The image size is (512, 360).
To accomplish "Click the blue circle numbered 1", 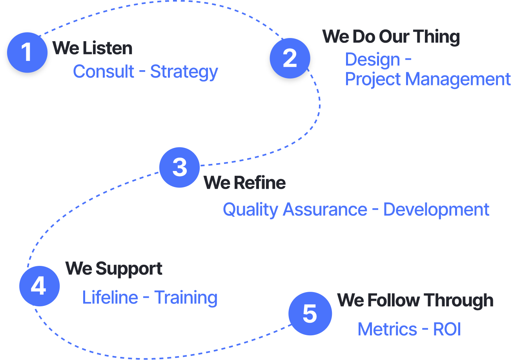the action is coord(27,53).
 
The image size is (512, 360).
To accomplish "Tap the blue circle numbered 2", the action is coord(290,58).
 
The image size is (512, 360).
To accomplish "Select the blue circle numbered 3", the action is coord(179,167).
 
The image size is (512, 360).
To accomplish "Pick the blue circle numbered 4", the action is coord(40,286).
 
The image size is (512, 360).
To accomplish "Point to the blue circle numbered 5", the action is coord(310,314).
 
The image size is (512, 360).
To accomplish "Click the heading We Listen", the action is coord(92,48).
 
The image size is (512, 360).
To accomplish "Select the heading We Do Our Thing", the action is coord(391,36).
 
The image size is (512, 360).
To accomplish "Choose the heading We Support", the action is coord(114,269).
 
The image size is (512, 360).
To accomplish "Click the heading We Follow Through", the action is coord(415,300).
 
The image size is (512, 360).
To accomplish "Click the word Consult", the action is coord(104,71).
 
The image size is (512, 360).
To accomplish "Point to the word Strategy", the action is coord(184,72).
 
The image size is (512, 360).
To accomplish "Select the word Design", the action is coord(373,60).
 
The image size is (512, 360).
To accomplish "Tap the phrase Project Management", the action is coord(428,80).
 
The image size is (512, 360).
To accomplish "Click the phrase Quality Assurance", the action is coord(295,210).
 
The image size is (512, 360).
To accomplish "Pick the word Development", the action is coord(436,210).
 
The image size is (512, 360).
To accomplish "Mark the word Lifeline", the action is coord(110,297).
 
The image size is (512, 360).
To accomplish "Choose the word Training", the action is coord(186,298).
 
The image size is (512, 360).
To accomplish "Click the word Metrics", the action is coord(387,329).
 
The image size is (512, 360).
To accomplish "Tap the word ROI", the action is coord(447,329).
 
